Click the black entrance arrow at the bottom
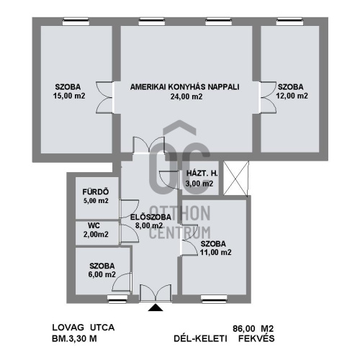[x=156, y=307]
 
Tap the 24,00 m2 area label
[x=186, y=96]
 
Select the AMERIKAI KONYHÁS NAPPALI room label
[x=184, y=87]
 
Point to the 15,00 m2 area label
[x=69, y=96]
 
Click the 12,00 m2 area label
[x=292, y=96]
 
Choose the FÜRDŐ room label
[x=96, y=192]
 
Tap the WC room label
[x=94, y=225]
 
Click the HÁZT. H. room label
[x=202, y=174]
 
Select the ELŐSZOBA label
[x=150, y=217]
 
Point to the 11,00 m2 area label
[x=216, y=253]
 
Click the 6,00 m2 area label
[x=102, y=274]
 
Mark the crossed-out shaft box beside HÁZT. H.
[x=236, y=178]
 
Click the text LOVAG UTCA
[x=84, y=328]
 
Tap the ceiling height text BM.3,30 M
[x=74, y=338]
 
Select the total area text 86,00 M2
[x=253, y=328]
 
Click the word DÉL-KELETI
[x=200, y=338]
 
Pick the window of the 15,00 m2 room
[x=76, y=22]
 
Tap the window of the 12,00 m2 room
[x=289, y=22]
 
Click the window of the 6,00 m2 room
[x=117, y=298]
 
